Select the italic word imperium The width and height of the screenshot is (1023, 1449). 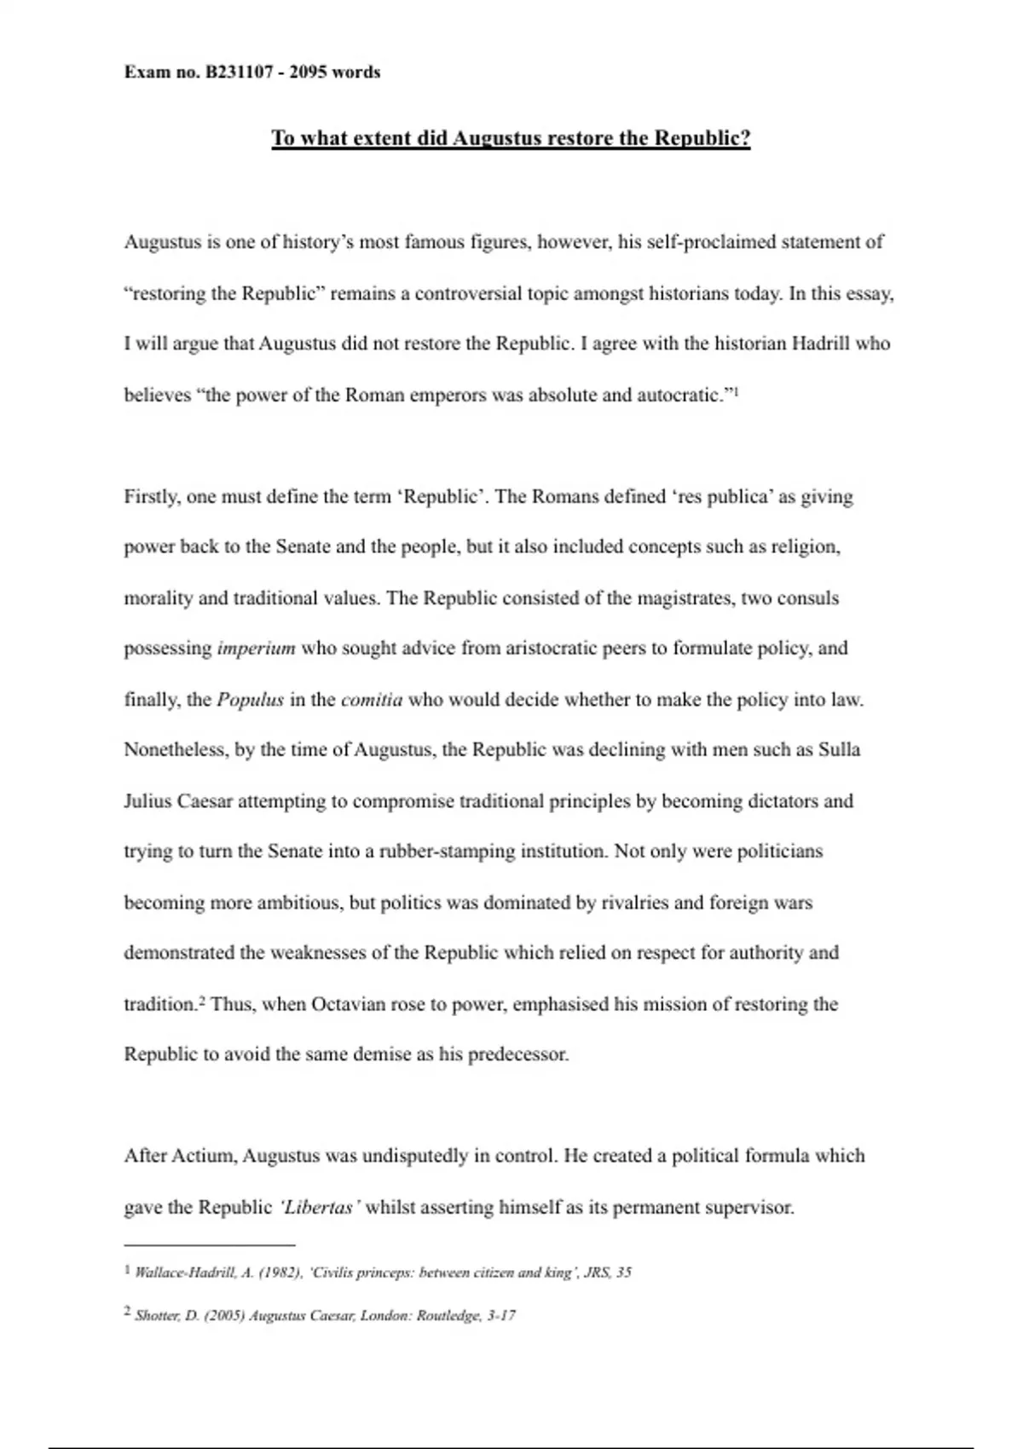tap(256, 649)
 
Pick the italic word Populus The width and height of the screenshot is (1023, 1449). tap(250, 700)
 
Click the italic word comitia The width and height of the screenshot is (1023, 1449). tap(372, 700)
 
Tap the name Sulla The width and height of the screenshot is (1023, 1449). tap(839, 750)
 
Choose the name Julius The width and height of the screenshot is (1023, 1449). tap(148, 801)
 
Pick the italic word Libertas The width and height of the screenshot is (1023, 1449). tap(319, 1208)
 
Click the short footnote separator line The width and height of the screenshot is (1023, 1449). tap(209, 1244)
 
